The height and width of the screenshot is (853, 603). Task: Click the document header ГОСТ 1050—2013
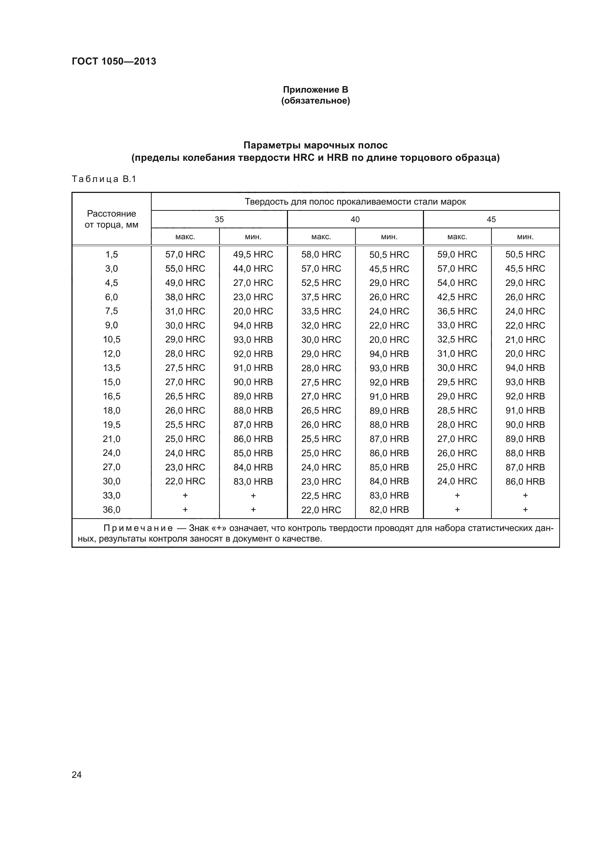pos(114,61)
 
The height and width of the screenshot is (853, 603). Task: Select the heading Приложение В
pos(315,90)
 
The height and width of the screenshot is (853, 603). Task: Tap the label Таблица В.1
pos(104,179)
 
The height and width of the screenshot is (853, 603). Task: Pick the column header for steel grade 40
pos(355,219)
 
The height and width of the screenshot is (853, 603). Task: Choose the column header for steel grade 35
pos(219,219)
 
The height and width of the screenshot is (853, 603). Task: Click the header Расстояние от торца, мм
pos(112,219)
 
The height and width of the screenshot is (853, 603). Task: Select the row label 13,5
pos(112,368)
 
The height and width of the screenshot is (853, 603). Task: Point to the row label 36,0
pos(112,509)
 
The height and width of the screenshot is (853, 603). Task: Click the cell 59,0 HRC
pos(457,255)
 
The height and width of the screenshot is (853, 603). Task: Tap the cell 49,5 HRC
pos(253,255)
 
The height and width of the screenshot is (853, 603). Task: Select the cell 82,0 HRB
pos(389,509)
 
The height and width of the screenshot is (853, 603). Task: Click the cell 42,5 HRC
pos(457,297)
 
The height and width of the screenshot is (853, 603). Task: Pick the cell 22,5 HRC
pos(321,495)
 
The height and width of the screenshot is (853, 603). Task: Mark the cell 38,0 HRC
pos(185,297)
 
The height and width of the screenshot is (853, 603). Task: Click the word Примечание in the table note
pos(138,528)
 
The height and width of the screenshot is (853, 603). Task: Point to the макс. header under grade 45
pos(457,237)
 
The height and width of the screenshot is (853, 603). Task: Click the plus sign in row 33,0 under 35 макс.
pos(185,495)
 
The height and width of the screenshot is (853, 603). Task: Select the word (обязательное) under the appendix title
pos(315,101)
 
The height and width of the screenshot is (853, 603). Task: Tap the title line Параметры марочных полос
pos(315,145)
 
